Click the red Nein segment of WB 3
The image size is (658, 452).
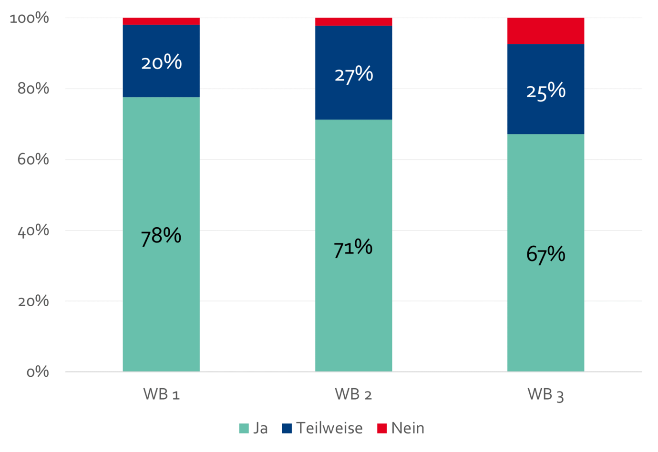point(545,31)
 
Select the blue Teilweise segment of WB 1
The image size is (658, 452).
point(161,81)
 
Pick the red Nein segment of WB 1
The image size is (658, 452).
point(161,21)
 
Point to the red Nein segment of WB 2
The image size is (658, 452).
point(353,21)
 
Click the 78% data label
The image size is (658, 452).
point(161,236)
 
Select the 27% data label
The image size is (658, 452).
point(353,74)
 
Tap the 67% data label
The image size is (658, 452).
point(545,254)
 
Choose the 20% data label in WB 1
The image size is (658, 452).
point(161,62)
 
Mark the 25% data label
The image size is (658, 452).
point(545,90)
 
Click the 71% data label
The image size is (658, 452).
point(353,248)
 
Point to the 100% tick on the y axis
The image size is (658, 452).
point(30,18)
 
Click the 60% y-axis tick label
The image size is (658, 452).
point(33,160)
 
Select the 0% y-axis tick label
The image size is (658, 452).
point(37,372)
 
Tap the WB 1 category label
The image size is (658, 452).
point(161,394)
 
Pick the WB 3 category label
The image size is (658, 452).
point(545,394)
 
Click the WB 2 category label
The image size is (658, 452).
point(353,394)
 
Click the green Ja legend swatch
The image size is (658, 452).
point(244,428)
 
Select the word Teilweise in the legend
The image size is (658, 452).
point(329,428)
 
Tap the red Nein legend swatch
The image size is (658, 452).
point(382,428)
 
